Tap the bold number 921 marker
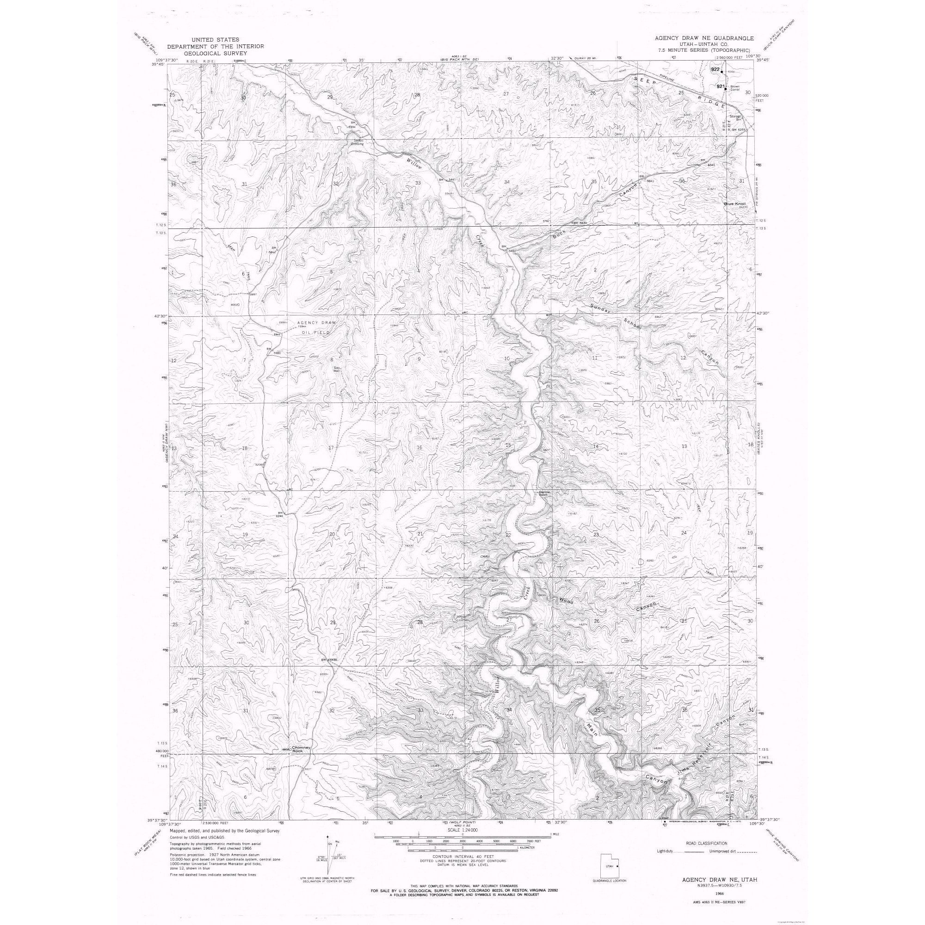[x=721, y=86]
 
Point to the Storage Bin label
[x=735, y=117]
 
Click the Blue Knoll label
[x=732, y=204]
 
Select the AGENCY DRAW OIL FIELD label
[x=316, y=326]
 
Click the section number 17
[x=331, y=448]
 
